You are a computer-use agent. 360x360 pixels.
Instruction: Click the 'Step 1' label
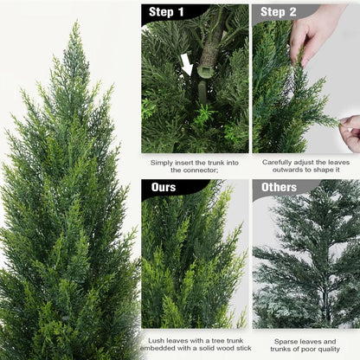click(167, 12)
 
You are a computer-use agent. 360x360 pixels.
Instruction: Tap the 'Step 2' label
click(279, 12)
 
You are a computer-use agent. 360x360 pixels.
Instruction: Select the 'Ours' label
click(163, 187)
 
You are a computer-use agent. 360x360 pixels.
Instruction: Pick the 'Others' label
click(279, 187)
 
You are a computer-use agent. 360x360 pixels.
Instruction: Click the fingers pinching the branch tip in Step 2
click(350, 132)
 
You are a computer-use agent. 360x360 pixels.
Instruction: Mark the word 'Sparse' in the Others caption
click(286, 341)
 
